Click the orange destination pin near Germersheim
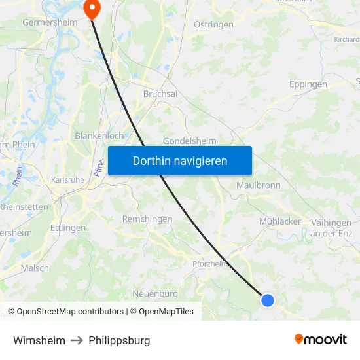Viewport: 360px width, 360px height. point(91,8)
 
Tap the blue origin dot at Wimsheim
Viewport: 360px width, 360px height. point(268,300)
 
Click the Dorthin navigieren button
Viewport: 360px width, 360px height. point(180,160)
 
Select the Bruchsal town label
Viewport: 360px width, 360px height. point(160,94)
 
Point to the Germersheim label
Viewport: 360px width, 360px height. point(50,22)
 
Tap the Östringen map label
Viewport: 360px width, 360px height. point(215,24)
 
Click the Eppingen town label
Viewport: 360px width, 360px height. point(308,84)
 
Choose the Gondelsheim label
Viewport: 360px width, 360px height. point(190,141)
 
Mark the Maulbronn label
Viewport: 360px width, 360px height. point(258,185)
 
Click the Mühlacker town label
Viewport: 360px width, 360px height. point(280,221)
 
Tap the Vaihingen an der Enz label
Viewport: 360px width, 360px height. point(331,228)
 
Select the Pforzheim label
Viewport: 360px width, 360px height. point(209,264)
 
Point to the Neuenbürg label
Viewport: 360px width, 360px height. point(155,293)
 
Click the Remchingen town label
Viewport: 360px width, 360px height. point(147,219)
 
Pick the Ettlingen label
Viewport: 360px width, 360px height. point(68,228)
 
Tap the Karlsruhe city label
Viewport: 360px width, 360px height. point(67,180)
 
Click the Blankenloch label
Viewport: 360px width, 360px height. point(99,135)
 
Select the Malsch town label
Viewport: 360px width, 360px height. point(35,268)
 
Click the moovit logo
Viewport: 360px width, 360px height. point(320,339)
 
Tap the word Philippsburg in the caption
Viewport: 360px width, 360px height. point(119,340)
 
